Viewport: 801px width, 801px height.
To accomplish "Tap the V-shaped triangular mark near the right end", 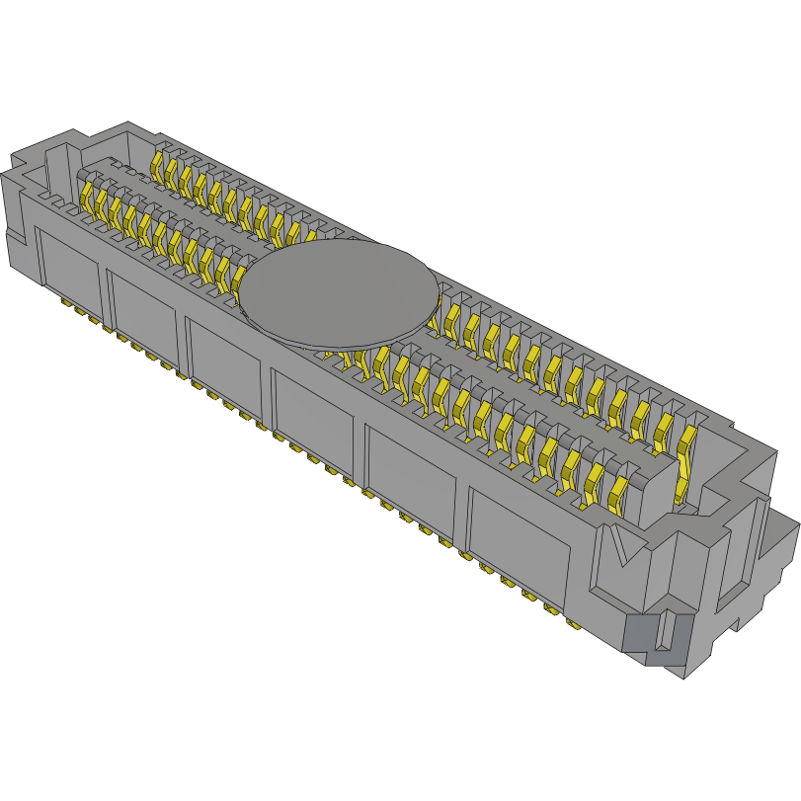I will click(621, 549).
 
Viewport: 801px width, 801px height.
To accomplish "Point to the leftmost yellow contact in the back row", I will click(158, 164).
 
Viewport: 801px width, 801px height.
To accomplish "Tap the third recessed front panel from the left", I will click(225, 360).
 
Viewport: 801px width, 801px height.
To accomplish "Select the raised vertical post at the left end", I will click(58, 163).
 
